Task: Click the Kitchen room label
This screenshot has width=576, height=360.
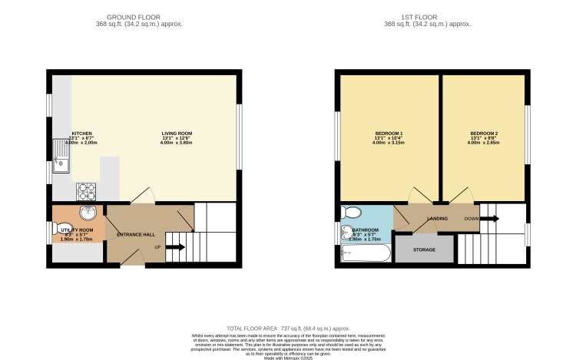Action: tap(81, 133)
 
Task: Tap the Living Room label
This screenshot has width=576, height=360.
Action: tap(176, 133)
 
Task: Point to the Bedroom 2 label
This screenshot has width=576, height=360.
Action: tap(483, 133)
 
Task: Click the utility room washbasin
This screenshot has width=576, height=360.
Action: tap(86, 213)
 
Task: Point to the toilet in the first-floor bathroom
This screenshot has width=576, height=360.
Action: tap(353, 213)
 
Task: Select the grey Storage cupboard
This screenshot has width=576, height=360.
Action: tap(424, 250)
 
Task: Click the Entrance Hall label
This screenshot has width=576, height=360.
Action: tap(136, 233)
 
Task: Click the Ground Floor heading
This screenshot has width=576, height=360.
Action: tap(133, 16)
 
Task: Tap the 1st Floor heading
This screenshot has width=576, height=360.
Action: tap(427, 16)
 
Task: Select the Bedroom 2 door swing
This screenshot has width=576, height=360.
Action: tap(461, 196)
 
